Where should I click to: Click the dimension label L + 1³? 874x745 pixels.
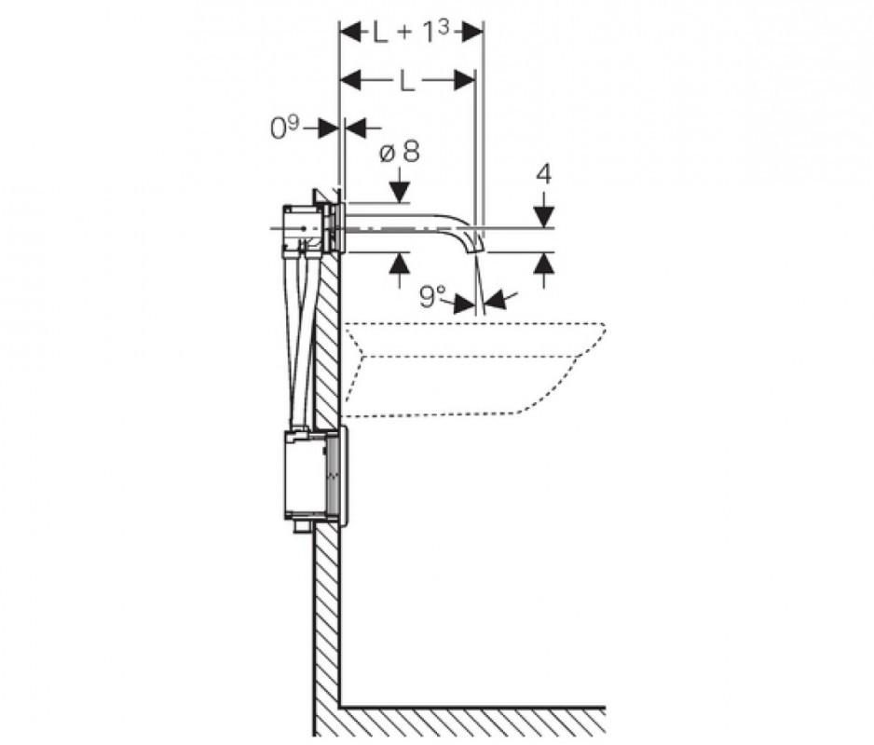click(411, 33)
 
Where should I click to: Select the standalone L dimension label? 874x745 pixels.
click(407, 81)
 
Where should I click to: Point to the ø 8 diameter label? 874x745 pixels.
click(399, 151)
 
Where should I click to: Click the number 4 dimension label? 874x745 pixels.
click(544, 174)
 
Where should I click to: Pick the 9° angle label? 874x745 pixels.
click(432, 298)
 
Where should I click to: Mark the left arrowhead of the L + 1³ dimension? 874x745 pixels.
click(350, 33)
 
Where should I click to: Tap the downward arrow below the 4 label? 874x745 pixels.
click(544, 215)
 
